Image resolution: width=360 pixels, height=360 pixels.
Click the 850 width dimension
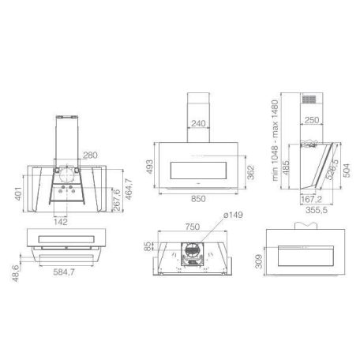point(198,199)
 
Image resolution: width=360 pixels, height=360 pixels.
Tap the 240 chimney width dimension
point(198,123)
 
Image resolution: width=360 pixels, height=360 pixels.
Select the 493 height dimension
point(149,167)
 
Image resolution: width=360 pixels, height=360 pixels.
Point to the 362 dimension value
point(251,172)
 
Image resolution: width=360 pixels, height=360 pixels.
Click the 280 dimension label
point(90,155)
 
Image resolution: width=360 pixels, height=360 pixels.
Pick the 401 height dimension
point(18,193)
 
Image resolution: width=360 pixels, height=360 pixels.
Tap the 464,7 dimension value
point(128,189)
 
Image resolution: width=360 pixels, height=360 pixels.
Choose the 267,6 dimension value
point(117,200)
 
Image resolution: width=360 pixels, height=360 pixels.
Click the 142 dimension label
point(60,222)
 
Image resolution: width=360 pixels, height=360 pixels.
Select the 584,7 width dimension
point(64,272)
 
